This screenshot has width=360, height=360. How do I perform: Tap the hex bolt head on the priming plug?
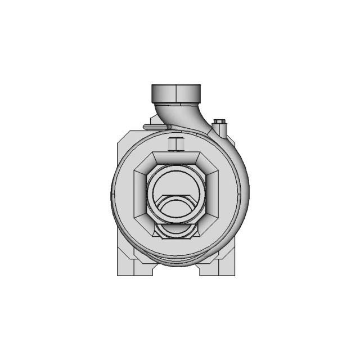(x=219, y=121)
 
